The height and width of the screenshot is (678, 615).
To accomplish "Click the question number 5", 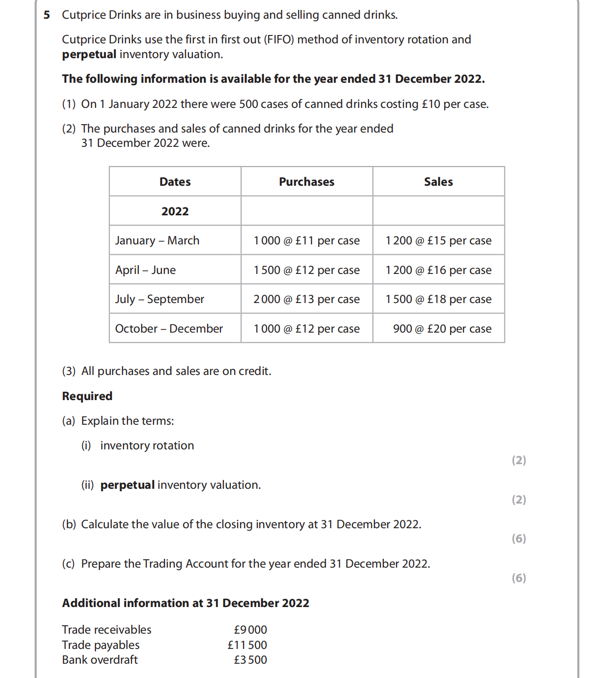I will [47, 15].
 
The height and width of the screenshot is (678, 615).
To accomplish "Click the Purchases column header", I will [307, 182].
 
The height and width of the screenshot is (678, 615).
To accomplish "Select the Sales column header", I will [438, 182].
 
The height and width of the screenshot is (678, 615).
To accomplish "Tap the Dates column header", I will [175, 182].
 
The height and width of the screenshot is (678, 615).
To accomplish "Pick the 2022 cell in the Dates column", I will [175, 211].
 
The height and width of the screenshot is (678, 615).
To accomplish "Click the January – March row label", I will [157, 240].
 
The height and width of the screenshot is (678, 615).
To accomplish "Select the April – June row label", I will [146, 270].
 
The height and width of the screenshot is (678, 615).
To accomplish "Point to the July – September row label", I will [159, 299].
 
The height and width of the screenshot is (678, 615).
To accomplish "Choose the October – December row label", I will [169, 329].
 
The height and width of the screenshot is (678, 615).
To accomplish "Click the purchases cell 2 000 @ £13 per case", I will [307, 299].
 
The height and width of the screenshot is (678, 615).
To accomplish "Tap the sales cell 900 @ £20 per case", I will [442, 329].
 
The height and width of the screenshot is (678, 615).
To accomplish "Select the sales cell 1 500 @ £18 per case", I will [438, 299].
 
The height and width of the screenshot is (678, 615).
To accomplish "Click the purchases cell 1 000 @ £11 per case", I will [307, 240].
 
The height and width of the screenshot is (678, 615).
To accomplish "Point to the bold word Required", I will [87, 396].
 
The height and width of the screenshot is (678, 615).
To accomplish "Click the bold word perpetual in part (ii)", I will [127, 485].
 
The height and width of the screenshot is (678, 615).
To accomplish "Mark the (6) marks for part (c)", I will [519, 578].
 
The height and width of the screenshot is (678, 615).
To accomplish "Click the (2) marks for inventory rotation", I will [519, 460].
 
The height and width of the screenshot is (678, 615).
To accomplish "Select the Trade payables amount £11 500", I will [247, 645].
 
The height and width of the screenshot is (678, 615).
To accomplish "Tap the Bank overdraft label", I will [100, 660].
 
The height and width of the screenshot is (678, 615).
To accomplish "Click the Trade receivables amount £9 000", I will [250, 630].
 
